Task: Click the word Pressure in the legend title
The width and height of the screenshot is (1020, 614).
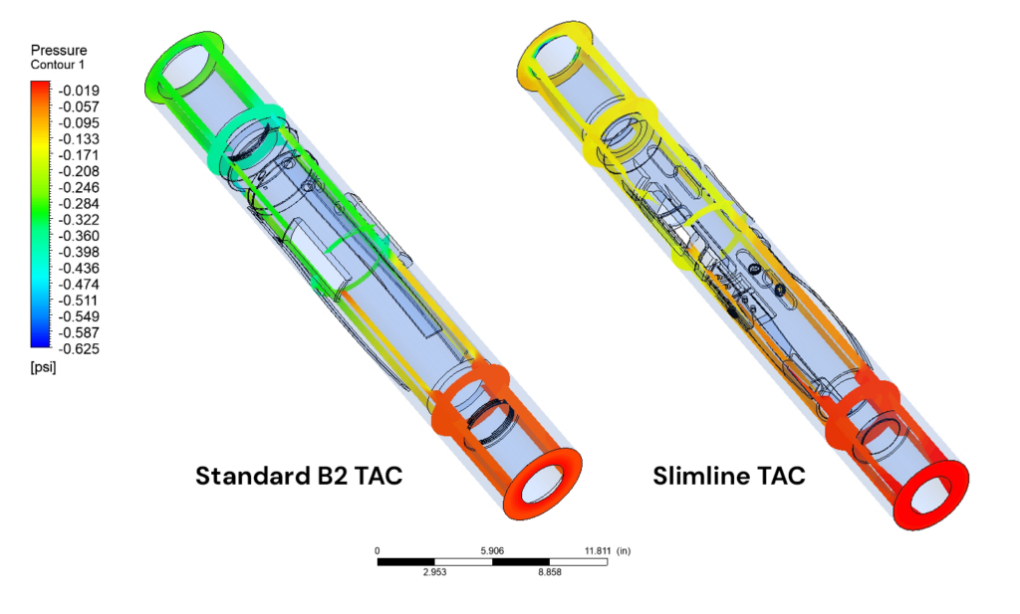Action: coord(59,50)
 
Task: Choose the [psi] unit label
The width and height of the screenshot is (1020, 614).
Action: coord(43,367)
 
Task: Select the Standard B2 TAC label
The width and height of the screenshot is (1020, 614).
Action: coord(299,476)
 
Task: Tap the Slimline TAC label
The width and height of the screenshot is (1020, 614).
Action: coord(729,477)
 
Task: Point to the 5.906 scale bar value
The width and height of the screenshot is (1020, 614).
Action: coord(492,550)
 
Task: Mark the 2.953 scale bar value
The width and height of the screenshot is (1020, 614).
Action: coord(435,574)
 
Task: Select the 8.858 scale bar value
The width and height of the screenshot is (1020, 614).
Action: coord(550,574)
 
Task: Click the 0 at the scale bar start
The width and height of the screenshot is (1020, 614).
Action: coord(378,550)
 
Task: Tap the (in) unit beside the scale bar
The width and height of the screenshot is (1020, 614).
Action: coord(625,550)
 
